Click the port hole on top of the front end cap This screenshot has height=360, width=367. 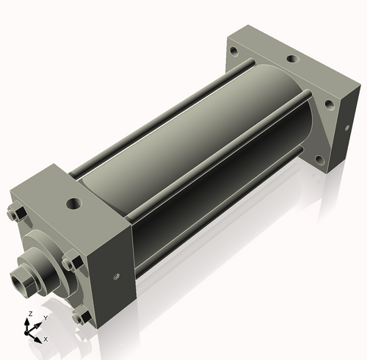(74, 201)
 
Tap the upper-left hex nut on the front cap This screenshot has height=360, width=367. (19, 214)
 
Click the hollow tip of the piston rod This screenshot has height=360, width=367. (18, 279)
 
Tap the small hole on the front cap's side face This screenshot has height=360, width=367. (115, 276)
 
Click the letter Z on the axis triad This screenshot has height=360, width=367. (29, 314)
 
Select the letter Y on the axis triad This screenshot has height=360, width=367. (46, 317)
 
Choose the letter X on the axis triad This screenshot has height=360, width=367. (46, 339)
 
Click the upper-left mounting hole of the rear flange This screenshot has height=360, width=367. (233, 52)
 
